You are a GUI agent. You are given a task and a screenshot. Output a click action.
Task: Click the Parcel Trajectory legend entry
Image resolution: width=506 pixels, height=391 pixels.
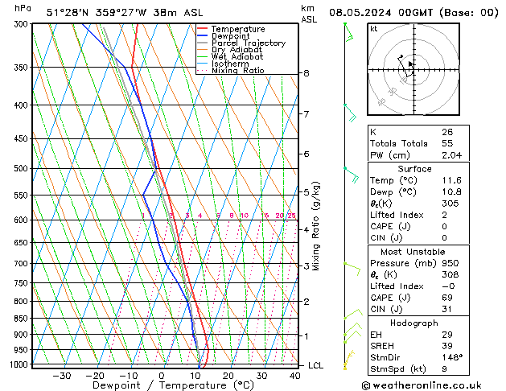248,43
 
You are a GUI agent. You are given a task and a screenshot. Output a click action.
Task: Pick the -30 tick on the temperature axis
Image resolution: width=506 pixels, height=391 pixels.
61,376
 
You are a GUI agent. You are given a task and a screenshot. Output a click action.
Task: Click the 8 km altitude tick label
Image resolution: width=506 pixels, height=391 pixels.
306,73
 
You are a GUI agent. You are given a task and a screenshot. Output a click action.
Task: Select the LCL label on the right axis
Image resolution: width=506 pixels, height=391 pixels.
317,365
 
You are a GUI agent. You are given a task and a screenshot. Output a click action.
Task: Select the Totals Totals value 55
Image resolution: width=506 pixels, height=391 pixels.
446,142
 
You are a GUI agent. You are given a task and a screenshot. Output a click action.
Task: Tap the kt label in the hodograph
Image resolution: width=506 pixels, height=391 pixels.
373,28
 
